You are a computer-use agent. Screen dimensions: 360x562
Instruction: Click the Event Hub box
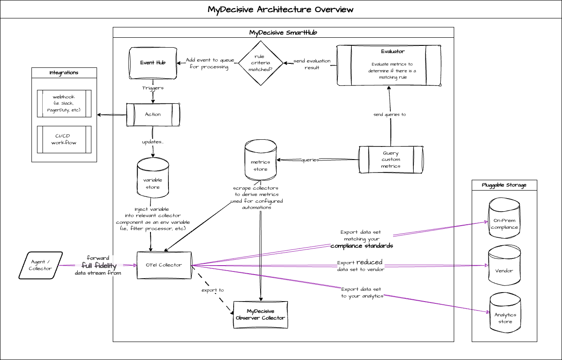point(153,63)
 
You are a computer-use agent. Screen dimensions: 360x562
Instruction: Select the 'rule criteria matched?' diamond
point(261,63)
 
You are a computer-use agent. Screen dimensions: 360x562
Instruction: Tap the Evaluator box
point(389,65)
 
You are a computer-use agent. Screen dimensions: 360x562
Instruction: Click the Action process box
point(153,115)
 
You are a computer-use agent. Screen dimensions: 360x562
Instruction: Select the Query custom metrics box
point(391,160)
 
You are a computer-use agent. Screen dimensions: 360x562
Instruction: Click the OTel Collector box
point(164,265)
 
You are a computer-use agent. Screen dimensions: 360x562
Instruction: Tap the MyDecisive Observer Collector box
point(261,315)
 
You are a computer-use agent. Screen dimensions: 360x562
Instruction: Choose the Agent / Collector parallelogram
point(40,265)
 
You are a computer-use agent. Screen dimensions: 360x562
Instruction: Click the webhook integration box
point(63,103)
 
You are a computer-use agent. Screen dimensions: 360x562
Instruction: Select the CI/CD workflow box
point(63,139)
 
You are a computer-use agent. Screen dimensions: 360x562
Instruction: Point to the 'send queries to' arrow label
point(389,115)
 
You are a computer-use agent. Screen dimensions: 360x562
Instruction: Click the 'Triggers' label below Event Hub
point(153,88)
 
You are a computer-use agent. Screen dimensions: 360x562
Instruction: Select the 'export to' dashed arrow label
point(212,290)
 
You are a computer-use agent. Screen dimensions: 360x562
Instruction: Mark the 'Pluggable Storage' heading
point(504,185)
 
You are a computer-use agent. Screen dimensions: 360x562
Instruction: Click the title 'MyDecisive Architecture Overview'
point(281,9)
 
